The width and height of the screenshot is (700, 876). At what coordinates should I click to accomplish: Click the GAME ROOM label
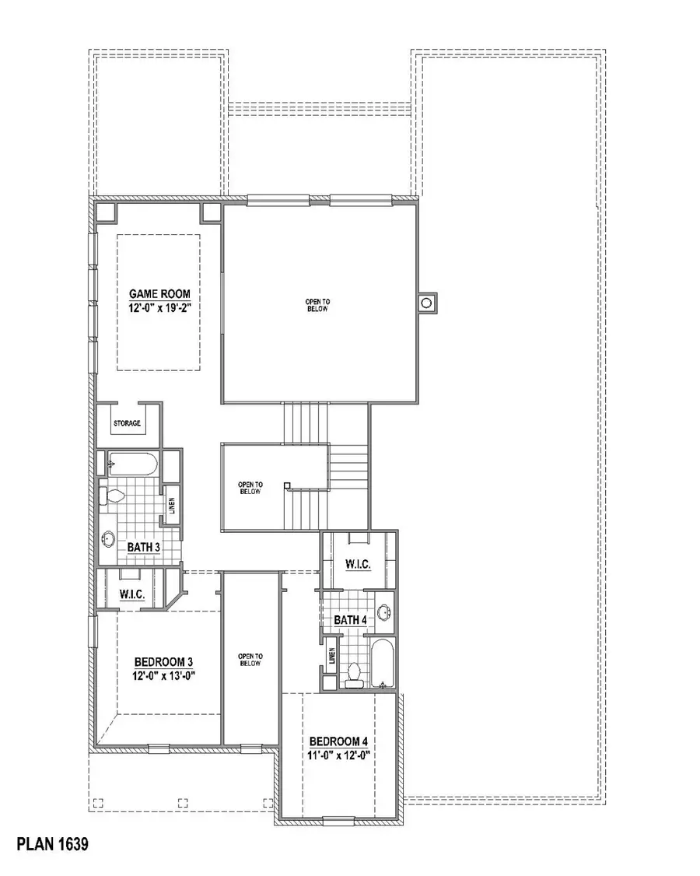coord(159,294)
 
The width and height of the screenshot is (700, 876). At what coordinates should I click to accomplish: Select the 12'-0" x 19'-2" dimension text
coord(159,308)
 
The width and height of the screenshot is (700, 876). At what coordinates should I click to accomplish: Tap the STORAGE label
coord(127,424)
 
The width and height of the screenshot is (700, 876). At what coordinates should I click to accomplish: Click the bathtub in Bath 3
coord(132,465)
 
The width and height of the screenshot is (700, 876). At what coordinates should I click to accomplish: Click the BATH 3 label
coord(143,548)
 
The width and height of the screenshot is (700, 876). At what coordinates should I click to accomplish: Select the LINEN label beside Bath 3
coord(172,505)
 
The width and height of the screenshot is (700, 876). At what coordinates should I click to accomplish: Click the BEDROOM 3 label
coord(162,662)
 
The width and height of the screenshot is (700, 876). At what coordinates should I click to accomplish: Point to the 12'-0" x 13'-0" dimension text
coord(162,676)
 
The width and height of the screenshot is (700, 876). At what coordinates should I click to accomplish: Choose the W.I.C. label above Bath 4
coord(358,563)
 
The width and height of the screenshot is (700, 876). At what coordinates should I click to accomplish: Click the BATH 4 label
coord(350,620)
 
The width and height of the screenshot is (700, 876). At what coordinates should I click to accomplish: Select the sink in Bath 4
coord(383,613)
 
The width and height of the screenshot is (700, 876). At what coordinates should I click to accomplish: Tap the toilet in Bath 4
coord(355,672)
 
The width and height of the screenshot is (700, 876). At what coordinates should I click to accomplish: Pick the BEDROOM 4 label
coord(339,741)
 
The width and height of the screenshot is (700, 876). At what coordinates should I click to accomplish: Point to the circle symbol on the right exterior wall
coord(425,303)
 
